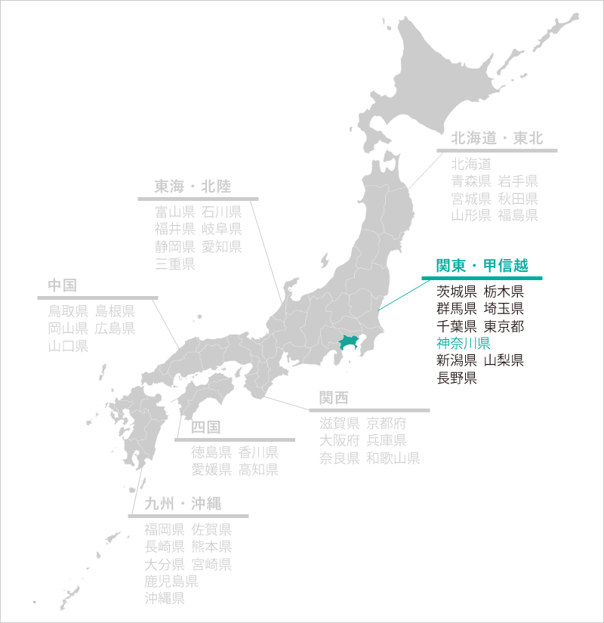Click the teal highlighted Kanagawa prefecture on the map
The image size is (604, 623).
347,342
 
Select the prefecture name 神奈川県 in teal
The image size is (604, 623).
464,343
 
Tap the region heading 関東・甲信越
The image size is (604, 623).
482,266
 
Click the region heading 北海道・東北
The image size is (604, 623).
497,138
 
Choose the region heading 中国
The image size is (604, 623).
62,285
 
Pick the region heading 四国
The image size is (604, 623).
205,427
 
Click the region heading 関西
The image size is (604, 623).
334,398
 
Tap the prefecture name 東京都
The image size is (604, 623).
504,325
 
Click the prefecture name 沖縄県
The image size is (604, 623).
165,599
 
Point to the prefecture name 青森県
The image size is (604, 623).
471,181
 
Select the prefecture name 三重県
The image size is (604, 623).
175,264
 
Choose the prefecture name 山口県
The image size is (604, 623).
68,347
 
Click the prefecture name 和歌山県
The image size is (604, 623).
393,458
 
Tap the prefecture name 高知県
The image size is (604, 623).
259,470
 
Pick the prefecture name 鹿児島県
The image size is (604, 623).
171,581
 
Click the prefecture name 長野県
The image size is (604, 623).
457,378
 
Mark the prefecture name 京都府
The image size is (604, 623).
387,423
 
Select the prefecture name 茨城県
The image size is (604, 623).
457,291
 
